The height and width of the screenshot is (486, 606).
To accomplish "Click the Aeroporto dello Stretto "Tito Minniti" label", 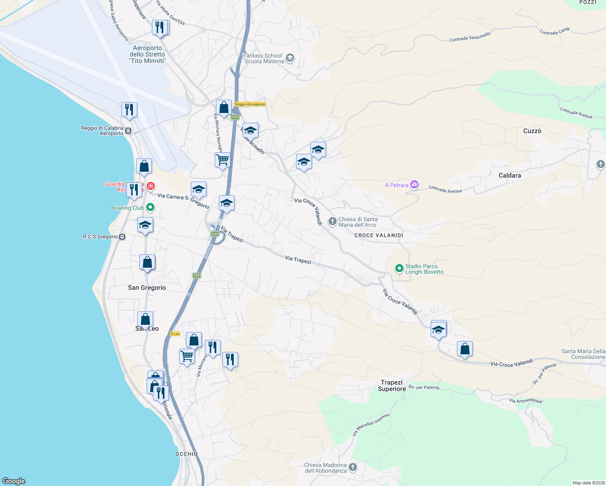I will click(x=147, y=54).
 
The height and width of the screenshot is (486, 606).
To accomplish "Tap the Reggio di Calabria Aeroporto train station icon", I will click(x=128, y=131).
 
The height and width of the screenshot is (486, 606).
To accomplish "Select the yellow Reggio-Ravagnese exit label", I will click(x=250, y=104).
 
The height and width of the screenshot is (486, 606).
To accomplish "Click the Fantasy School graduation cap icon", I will click(x=290, y=58).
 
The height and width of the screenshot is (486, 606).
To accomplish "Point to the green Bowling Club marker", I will click(x=150, y=207).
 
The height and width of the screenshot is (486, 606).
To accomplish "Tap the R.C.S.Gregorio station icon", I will click(x=122, y=237).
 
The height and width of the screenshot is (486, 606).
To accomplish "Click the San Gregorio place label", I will click(x=147, y=288).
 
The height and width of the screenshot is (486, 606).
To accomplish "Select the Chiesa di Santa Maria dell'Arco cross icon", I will click(x=332, y=221).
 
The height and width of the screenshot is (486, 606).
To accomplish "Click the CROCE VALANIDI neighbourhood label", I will click(x=379, y=235).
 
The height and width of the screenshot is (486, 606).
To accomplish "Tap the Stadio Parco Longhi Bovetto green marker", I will click(x=399, y=268).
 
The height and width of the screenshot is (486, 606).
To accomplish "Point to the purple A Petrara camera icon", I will click(x=414, y=185).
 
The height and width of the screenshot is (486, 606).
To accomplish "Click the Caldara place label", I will click(x=510, y=175).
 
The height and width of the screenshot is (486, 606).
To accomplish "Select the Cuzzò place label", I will click(x=532, y=131).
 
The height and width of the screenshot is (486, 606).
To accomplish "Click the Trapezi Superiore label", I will click(x=392, y=386).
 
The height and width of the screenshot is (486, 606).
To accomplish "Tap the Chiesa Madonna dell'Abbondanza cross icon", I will click(x=353, y=467).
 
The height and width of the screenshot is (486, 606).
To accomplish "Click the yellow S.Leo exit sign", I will click(x=175, y=334).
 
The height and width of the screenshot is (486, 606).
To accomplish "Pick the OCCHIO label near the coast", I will click(x=186, y=454).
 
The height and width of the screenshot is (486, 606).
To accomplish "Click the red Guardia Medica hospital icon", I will click(x=151, y=186).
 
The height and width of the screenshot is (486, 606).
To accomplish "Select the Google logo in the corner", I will click(x=14, y=481).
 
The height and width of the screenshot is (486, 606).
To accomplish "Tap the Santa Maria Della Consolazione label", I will click(x=583, y=354).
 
